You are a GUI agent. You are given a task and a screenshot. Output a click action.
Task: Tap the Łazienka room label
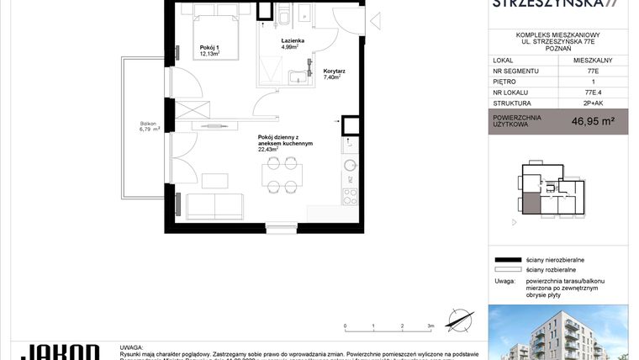(293, 40)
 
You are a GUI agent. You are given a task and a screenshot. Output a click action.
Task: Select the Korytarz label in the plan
(335, 74)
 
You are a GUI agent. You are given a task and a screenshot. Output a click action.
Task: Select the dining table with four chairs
(280, 176)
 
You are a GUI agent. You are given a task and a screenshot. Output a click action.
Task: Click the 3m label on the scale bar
(430, 326)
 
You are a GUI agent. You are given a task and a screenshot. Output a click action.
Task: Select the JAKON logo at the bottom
(59, 352)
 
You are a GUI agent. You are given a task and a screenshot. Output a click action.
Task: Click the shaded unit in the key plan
(531, 203)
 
